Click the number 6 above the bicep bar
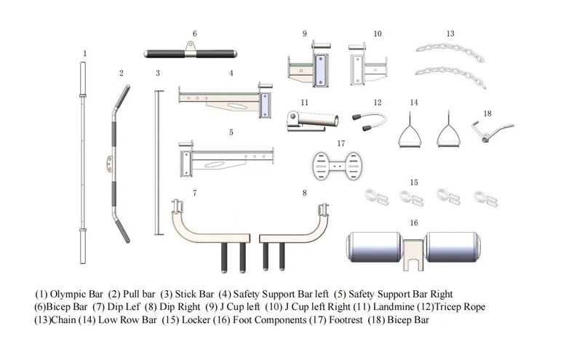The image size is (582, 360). [194, 33]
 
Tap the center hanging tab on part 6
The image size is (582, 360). [191, 47]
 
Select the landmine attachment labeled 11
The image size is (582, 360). [313, 121]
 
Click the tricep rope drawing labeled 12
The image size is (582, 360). [370, 122]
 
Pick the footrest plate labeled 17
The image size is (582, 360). [337, 166]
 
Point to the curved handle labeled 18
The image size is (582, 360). [493, 130]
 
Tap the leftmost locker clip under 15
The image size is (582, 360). [376, 196]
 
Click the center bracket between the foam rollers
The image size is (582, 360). [413, 255]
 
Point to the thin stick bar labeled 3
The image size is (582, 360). [159, 163]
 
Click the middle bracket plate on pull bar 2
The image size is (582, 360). [109, 164]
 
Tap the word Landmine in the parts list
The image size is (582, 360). [393, 307]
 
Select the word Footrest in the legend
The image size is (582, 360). [346, 320]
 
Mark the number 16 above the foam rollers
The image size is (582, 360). [414, 223]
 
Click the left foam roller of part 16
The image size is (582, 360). [374, 247]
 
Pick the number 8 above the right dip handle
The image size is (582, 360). [304, 193]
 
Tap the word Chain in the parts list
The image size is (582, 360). [63, 320]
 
